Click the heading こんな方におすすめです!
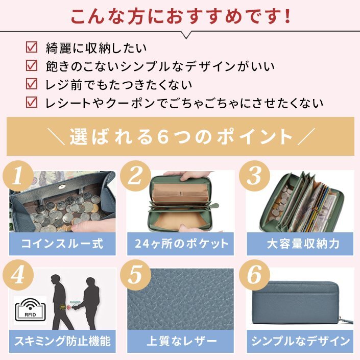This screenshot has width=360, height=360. click(x=180, y=16)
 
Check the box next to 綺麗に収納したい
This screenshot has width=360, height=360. click(x=32, y=47)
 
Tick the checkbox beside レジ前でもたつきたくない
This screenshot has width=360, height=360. click(x=32, y=84)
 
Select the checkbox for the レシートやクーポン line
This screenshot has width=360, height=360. click(x=32, y=102)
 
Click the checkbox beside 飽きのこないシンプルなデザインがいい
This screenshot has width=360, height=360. click(x=32, y=65)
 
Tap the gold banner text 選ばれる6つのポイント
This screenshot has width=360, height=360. click(x=180, y=137)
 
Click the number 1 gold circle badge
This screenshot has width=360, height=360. click(x=18, y=176)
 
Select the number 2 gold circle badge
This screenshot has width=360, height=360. click(x=135, y=176)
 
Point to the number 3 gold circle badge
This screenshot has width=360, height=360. click(x=254, y=176)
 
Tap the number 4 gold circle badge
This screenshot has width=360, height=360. click(x=18, y=275)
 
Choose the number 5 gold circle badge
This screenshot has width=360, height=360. click(x=135, y=275)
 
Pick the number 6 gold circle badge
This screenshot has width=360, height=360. click(x=254, y=275)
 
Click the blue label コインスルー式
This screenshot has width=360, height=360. click(x=62, y=244)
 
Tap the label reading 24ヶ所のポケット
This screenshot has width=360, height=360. click(x=181, y=244)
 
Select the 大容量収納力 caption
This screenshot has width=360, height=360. click(x=303, y=244)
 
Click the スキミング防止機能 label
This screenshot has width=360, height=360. click(x=62, y=341)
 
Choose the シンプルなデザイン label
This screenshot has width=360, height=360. click(x=300, y=341)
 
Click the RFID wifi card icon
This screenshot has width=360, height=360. click(x=30, y=310)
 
